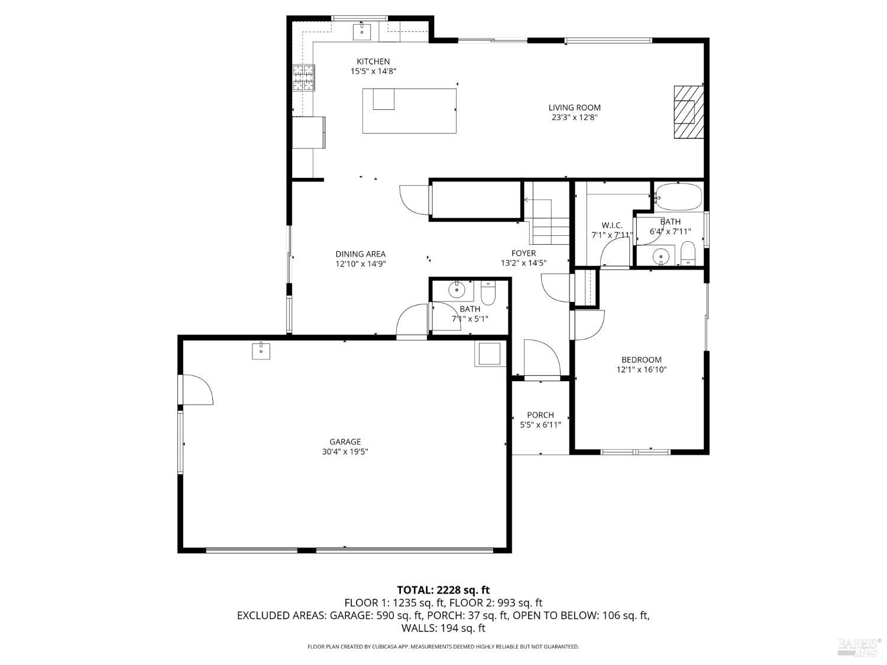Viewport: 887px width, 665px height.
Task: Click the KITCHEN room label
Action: tap(373, 61)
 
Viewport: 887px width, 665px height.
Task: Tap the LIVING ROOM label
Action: tap(574, 108)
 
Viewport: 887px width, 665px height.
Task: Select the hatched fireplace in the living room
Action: tap(688, 112)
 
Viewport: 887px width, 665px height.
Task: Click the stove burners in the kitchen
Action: tap(303, 77)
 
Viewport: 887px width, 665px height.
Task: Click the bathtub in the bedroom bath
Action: tap(678, 197)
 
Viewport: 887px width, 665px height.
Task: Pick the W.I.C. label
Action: tap(612, 225)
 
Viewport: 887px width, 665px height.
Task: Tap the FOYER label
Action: tap(523, 253)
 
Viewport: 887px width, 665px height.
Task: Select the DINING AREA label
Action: tap(361, 254)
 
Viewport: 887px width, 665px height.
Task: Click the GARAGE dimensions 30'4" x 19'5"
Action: tap(345, 452)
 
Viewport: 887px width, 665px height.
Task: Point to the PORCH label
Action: tap(540, 415)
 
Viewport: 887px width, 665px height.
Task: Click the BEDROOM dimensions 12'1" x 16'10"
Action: tap(642, 369)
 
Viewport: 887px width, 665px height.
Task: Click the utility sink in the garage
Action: tap(261, 351)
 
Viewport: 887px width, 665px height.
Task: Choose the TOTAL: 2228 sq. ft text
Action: tap(444, 590)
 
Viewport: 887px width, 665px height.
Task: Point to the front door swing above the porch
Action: tap(542, 358)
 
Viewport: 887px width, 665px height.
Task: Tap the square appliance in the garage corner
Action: tap(490, 354)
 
